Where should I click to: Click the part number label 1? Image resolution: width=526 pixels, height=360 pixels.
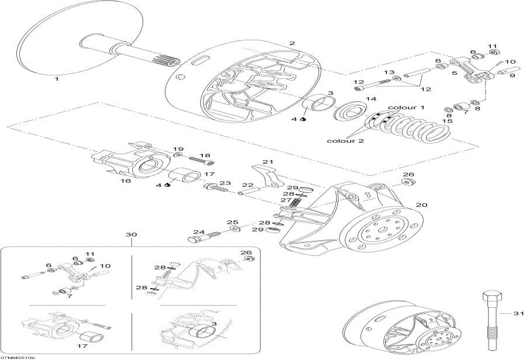click(57, 78)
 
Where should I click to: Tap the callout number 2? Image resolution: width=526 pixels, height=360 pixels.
click(292, 43)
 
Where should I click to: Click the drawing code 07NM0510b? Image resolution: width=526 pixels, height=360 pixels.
click(18, 356)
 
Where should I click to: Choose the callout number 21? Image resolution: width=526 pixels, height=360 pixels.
click(268, 162)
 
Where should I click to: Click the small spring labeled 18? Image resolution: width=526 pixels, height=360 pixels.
click(201, 161)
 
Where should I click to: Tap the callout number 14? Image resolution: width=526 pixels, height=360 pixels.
click(371, 99)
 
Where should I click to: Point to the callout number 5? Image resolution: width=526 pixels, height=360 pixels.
click(454, 73)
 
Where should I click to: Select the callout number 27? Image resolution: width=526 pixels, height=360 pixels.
click(286, 200)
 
